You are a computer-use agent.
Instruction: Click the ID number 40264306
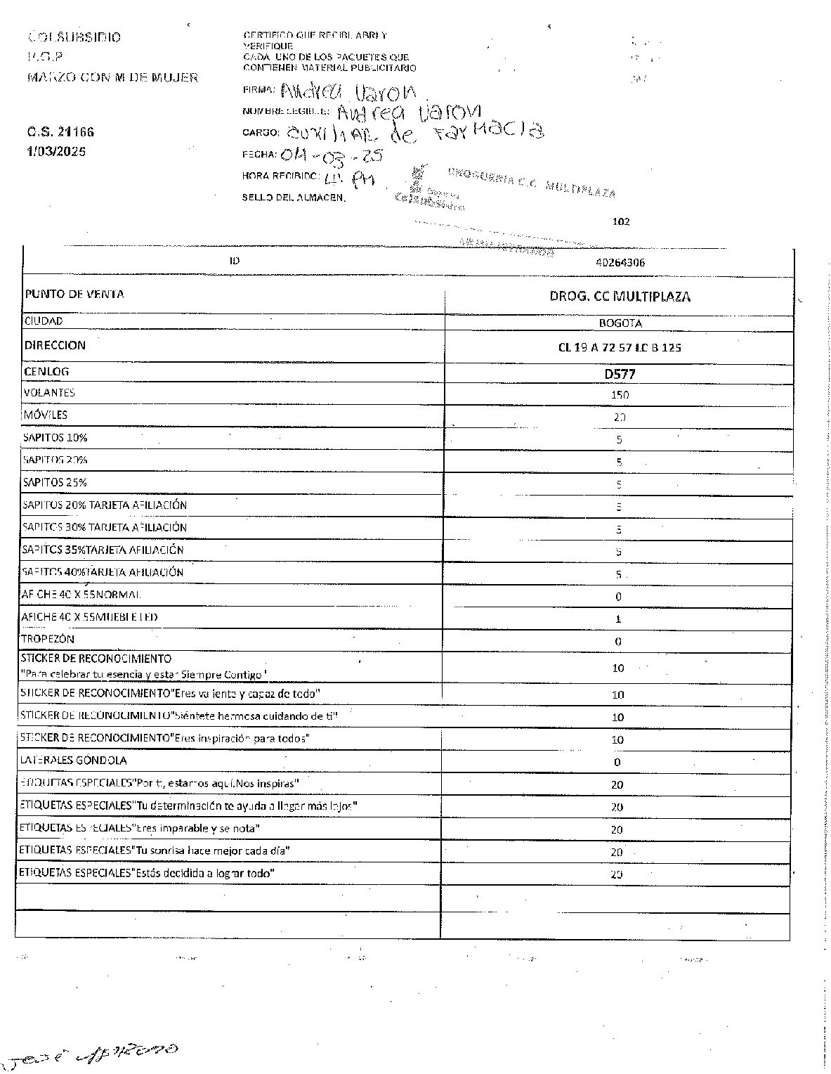(620, 263)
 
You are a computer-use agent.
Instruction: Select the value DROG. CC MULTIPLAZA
(620, 297)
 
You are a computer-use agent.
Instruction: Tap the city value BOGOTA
(620, 324)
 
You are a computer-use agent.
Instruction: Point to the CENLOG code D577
(620, 374)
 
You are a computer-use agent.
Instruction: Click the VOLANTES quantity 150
(620, 395)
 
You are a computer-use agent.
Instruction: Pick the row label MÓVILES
(45, 415)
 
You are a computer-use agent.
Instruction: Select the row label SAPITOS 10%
(55, 437)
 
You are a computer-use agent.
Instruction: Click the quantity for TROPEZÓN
(618, 642)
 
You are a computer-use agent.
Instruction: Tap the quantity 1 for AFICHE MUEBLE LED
(618, 619)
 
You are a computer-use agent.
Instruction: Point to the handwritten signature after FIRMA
(348, 91)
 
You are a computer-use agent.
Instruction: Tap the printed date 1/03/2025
(56, 151)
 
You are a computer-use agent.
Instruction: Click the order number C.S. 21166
(60, 131)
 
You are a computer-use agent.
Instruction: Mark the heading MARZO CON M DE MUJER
(112, 77)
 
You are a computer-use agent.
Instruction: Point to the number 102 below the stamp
(621, 221)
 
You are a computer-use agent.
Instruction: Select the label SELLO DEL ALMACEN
(294, 198)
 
